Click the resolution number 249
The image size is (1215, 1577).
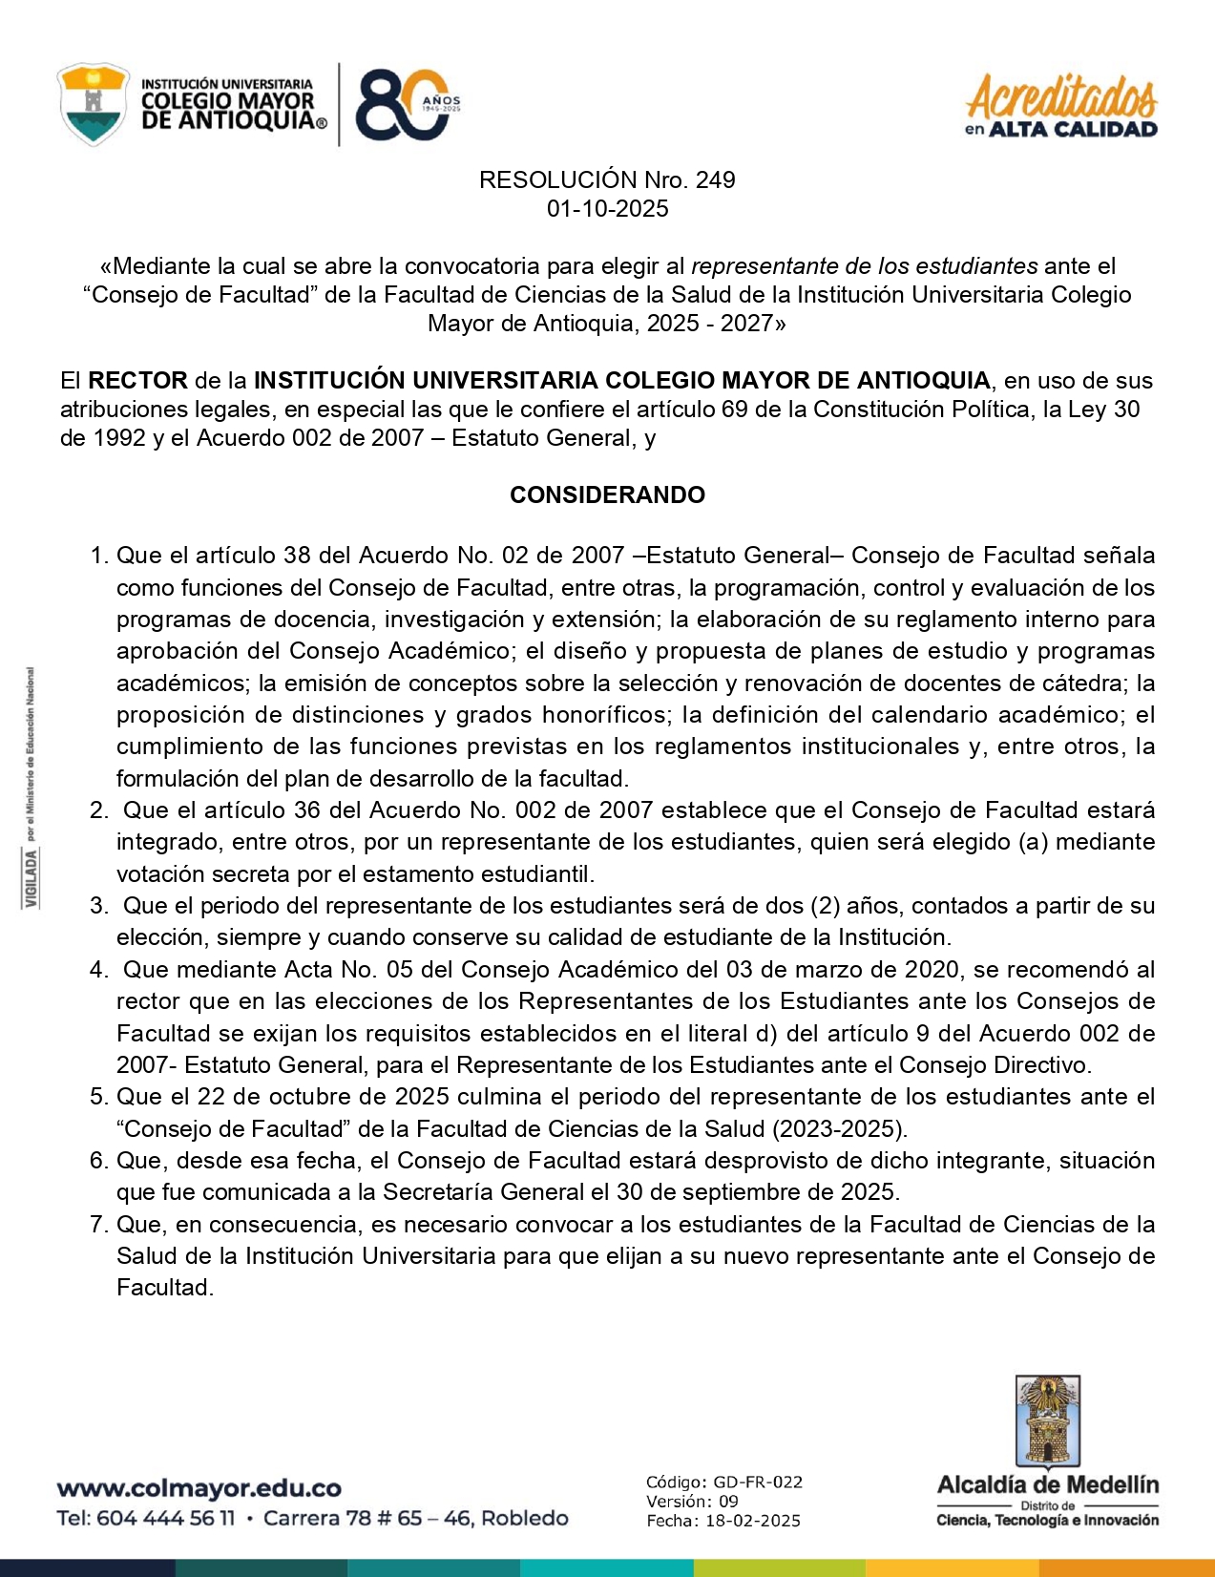716,179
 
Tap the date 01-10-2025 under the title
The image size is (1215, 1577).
607,209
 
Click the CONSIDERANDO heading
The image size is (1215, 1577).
607,494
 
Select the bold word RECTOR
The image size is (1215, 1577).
137,380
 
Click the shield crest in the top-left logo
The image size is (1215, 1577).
93,104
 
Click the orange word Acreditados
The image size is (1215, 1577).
1061,97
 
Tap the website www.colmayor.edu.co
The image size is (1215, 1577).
199,1488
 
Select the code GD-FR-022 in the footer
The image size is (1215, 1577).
758,1482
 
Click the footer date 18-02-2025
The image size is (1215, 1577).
752,1521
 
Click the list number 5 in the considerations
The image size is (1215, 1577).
99,1097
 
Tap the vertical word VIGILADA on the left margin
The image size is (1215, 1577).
32,878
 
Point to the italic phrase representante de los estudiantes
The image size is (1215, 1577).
864,266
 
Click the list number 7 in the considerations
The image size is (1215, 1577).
99,1225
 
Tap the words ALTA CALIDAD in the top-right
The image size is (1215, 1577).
1073,130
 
